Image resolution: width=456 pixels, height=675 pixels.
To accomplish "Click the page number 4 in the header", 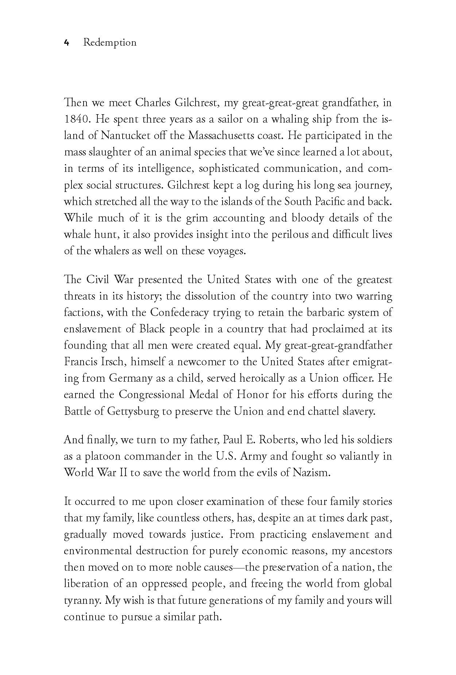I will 66,43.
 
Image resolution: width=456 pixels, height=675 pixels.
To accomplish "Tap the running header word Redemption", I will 109,43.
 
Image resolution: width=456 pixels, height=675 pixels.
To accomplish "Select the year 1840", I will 76,119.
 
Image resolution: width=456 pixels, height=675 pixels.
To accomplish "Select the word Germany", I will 132,378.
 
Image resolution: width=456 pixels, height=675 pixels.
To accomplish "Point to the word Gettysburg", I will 134,411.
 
